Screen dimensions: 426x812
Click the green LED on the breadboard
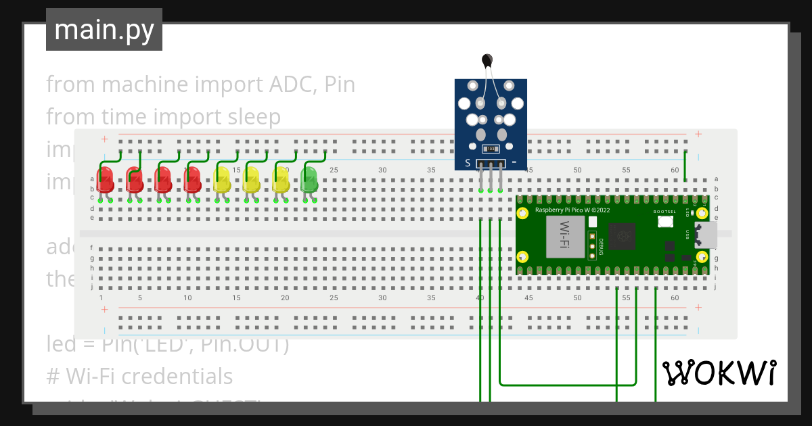[309, 180]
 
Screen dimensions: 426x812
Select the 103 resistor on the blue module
[491, 149]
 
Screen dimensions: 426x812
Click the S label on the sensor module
[467, 163]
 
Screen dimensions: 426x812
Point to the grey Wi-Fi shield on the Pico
[565, 237]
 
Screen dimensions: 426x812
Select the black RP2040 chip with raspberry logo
[622, 237]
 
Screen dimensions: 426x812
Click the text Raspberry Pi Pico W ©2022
[572, 210]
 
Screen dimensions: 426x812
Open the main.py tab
[104, 30]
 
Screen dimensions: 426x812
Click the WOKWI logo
[719, 373]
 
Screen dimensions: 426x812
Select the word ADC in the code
[293, 85]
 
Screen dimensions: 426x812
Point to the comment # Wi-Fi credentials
[139, 376]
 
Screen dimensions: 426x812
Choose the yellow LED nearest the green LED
[280, 180]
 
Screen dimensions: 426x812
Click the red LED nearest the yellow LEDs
[193, 180]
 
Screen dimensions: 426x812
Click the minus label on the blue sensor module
[514, 163]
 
